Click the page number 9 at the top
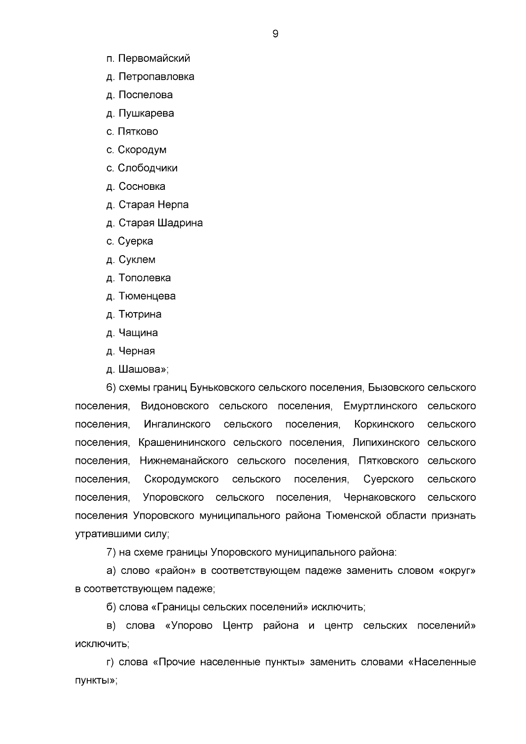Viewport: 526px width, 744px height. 275,34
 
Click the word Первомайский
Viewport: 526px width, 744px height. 154,58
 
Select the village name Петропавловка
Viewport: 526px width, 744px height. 156,77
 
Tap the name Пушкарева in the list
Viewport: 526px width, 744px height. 146,113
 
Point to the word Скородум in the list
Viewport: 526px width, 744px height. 142,150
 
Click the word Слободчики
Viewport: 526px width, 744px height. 148,168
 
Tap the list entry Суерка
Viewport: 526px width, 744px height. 135,241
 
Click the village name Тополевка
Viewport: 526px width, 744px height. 145,278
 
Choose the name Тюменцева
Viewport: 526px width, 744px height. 147,296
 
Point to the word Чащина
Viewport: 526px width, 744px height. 139,333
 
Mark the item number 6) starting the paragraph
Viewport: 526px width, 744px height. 111,388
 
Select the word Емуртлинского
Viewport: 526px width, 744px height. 380,406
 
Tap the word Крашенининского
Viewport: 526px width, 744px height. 182,443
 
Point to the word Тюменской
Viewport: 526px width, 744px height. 354,516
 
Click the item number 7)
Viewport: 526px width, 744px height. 111,552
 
